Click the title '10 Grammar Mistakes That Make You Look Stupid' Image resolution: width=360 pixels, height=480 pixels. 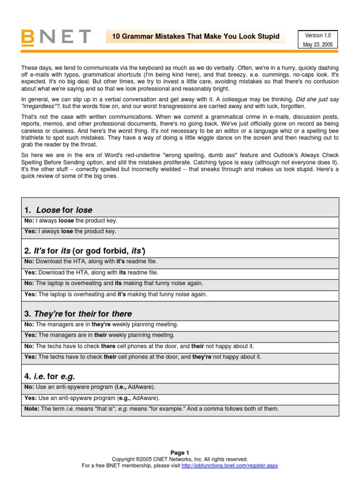click(x=195, y=37)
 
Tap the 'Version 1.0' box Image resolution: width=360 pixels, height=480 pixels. click(x=317, y=36)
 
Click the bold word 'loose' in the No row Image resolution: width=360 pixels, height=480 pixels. click(x=66, y=221)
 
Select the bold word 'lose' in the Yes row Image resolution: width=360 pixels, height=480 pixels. click(x=67, y=232)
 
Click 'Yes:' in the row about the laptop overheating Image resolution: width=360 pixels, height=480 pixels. click(x=30, y=294)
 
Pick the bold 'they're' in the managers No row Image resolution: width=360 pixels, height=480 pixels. click(x=102, y=324)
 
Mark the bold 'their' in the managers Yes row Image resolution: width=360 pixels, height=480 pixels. click(x=101, y=335)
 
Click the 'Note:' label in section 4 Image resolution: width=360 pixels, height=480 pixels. click(x=32, y=409)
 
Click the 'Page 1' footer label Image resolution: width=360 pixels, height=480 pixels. click(x=180, y=453)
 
